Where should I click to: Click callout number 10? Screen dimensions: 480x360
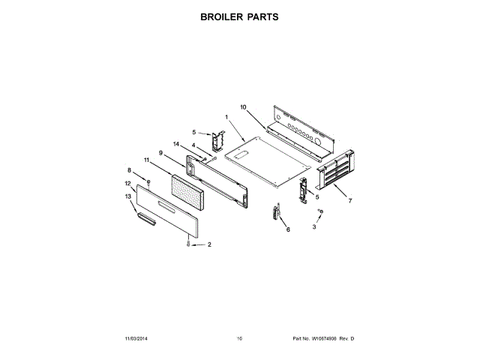tap(243, 107)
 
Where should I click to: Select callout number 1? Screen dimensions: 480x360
tap(226, 116)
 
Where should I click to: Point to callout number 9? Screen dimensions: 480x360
tap(160, 152)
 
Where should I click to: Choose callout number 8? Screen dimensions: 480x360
tap(129, 170)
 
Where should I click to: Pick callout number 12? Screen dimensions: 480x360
tap(127, 184)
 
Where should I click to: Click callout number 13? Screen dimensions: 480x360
tap(127, 196)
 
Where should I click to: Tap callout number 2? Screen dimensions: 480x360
tap(209, 245)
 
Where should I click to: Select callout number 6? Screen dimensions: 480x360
tap(287, 230)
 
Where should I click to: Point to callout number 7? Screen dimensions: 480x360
tap(350, 201)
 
